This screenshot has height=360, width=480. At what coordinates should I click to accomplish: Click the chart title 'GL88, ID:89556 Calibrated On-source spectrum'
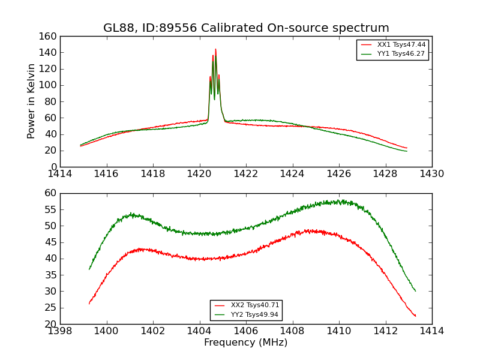coord(246,28)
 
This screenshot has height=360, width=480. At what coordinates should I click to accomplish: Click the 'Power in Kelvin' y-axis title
coord(32,101)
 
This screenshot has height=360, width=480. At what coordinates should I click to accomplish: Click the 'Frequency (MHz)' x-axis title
coord(246,343)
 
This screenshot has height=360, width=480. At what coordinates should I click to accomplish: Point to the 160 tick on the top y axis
coord(50,37)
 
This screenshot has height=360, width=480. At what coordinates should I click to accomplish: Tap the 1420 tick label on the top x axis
coord(199,173)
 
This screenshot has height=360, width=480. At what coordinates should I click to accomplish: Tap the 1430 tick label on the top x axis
coord(431,173)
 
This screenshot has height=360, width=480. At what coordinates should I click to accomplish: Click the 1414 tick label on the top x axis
coord(61,173)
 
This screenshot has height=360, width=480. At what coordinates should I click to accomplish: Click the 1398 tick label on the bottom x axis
coord(61,331)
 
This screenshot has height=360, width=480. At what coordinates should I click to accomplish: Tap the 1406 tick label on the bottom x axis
coord(246,331)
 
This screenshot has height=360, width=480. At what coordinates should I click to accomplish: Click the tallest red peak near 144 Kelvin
coord(215,49)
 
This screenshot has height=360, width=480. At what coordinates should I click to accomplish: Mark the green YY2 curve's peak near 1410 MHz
coord(338,201)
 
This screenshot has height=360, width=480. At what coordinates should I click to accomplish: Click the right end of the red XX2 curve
coord(415,316)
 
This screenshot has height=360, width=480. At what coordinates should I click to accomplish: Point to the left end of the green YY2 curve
coord(89,269)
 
